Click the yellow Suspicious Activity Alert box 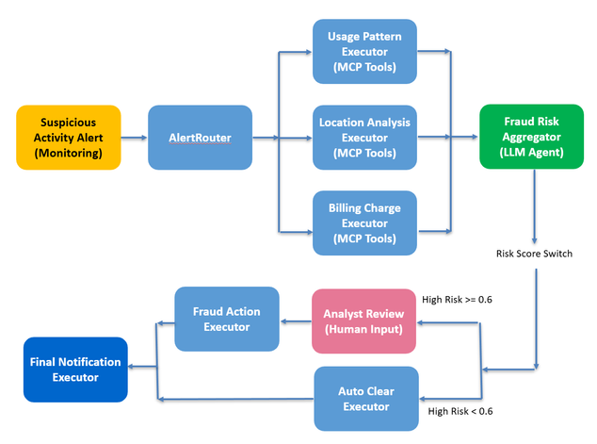pos(68,138)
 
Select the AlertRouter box pos(200,138)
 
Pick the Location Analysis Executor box pos(364,138)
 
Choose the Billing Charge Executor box pos(364,223)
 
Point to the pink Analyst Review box pos(363,321)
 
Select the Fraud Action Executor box pos(226,319)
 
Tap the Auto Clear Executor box pos(364,398)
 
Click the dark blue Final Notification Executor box pos(74,370)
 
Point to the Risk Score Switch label pos(534,254)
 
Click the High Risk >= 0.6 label pos(458,300)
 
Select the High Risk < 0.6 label pos(460,411)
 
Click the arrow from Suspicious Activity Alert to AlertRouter pos(135,139)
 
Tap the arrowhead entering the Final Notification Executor pos(133,370)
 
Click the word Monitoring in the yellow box pos(68,155)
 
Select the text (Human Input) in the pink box pos(363,329)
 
